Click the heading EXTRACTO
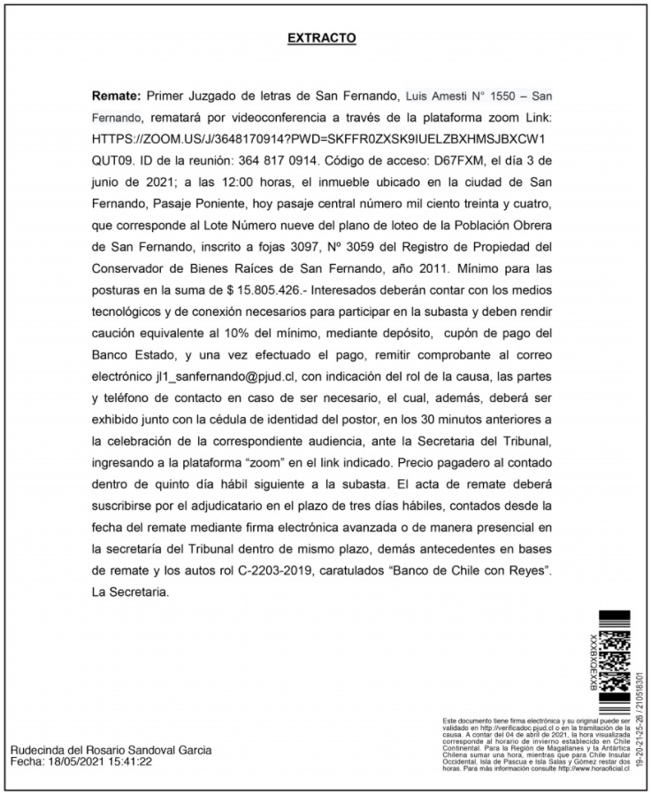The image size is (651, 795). (322, 39)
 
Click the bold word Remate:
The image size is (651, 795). (116, 95)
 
